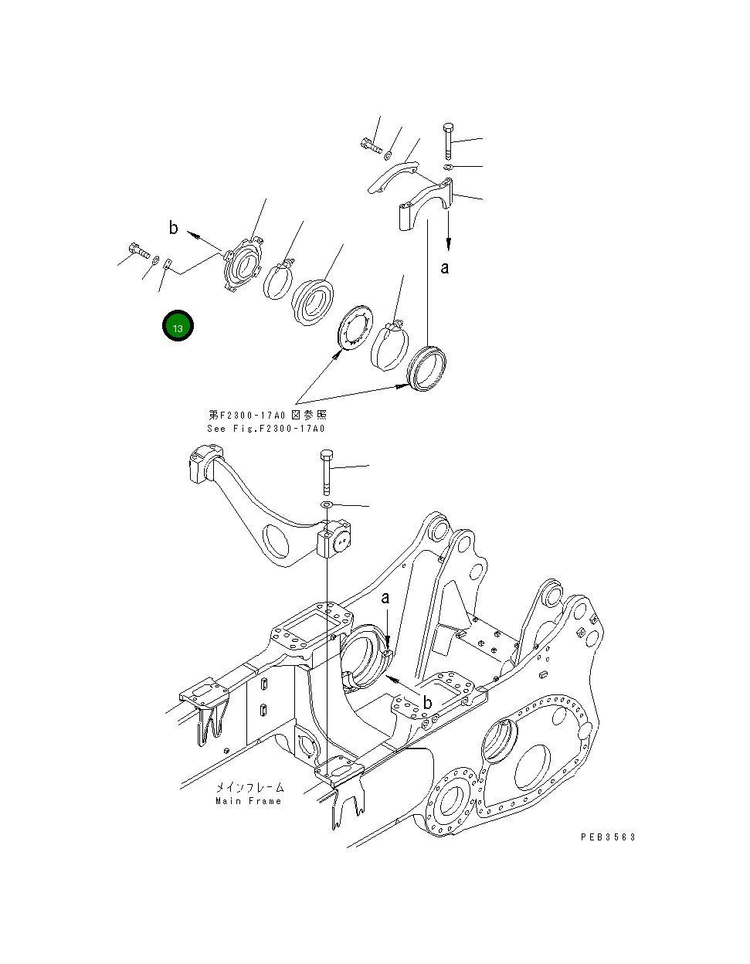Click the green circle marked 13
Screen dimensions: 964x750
177,327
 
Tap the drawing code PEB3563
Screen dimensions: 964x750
608,837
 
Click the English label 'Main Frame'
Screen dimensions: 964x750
249,801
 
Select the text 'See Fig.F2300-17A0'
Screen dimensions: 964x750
266,429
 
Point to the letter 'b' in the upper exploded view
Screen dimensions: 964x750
174,227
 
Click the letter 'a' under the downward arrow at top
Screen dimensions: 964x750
445,267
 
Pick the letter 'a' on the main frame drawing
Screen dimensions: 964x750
385,597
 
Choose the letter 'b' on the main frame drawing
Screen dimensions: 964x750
426,702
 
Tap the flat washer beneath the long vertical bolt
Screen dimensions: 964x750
326,504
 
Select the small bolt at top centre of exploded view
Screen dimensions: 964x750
370,144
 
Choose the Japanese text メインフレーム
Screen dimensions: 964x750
249,787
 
